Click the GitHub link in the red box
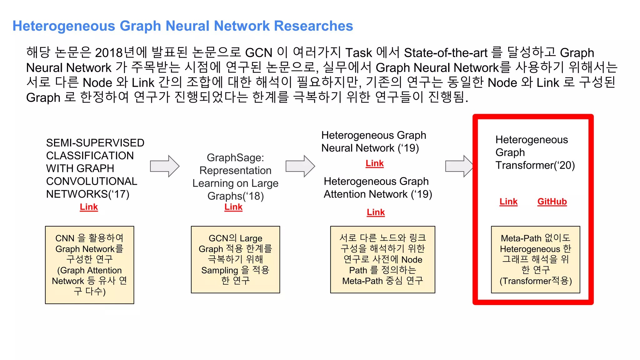point(552,202)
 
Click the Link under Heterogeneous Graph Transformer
point(508,202)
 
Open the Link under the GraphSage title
point(233,207)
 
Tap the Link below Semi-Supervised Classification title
point(89,207)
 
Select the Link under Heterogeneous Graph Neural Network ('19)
point(374,163)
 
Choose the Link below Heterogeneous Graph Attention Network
point(376,212)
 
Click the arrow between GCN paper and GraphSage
point(165,166)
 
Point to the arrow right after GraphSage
point(300,166)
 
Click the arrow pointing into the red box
point(459,166)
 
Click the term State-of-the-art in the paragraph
point(446,53)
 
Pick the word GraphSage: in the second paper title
point(235,158)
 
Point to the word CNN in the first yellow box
point(65,238)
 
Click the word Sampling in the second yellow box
point(219,270)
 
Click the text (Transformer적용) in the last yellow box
point(536,281)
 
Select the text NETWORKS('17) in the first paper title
point(87,194)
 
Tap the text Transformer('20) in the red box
point(535,165)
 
